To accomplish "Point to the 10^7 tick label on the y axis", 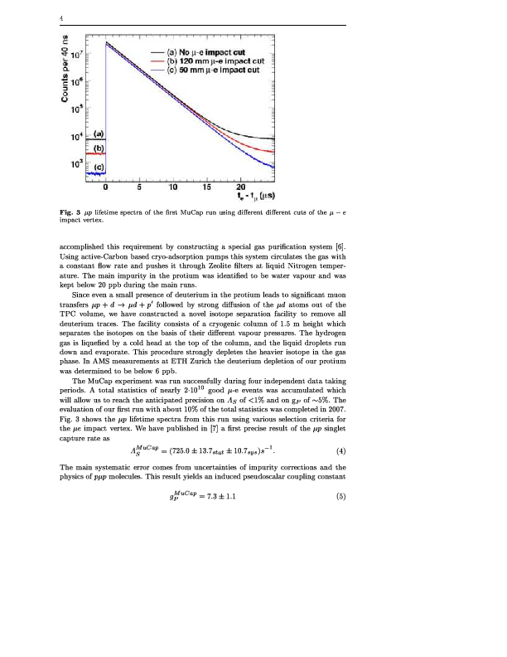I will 75,55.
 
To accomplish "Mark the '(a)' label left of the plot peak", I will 97,133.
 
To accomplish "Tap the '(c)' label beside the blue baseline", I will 97,167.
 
